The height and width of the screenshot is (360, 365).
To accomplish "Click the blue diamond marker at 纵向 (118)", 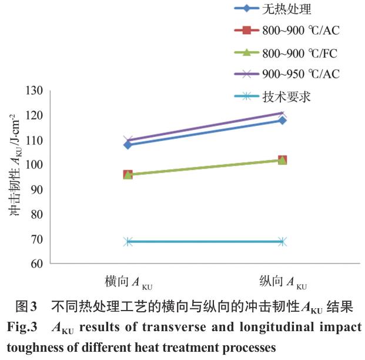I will point(283,120).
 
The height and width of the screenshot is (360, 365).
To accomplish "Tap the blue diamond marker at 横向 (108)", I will point(128,145).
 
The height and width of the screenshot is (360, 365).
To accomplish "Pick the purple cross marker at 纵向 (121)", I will point(283,113).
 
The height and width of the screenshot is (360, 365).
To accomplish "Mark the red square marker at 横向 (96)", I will point(128,175).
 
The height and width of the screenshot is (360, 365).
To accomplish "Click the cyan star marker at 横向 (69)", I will point(128,241).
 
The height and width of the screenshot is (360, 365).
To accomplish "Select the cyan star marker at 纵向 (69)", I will point(283,241).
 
